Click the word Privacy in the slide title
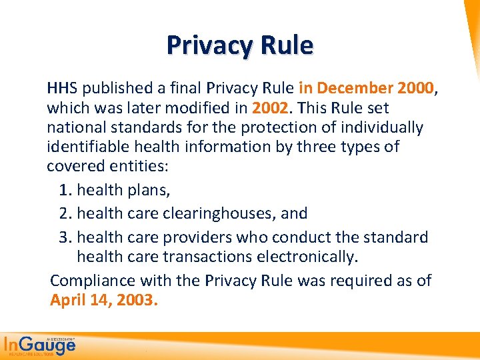[x=205, y=45]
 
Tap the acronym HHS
[x=61, y=88]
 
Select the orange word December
[x=355, y=88]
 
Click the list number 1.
[x=64, y=190]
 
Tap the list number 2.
[x=64, y=213]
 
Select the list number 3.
[x=64, y=237]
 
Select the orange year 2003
[x=136, y=299]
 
